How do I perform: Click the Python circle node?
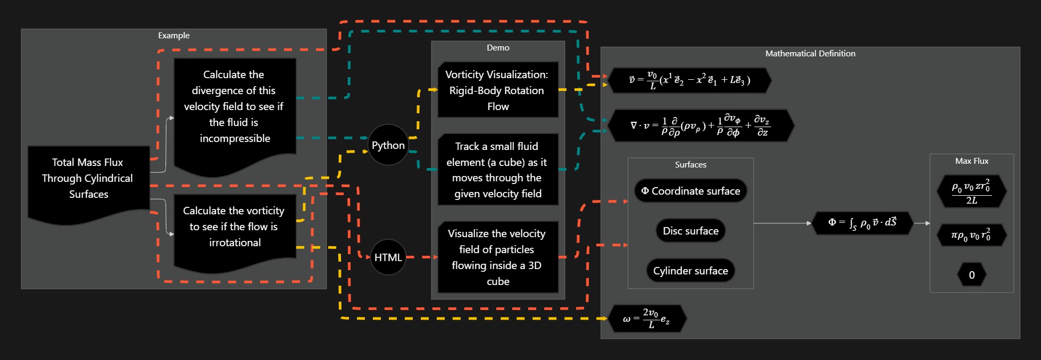(x=388, y=145)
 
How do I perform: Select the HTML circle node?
(x=388, y=257)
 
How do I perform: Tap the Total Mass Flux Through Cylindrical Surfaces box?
(x=88, y=179)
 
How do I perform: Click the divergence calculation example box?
(x=235, y=107)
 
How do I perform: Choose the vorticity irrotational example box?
(x=235, y=227)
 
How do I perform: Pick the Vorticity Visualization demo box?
(x=497, y=90)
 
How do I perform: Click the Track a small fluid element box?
(x=497, y=170)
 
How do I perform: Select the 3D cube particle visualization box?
(x=497, y=257)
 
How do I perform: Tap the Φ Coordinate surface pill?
(x=690, y=191)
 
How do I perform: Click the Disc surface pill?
(x=690, y=231)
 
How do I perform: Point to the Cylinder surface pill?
(x=690, y=271)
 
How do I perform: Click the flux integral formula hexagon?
(x=862, y=223)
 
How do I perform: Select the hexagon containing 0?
(x=971, y=275)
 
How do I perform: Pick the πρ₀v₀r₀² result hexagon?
(x=971, y=236)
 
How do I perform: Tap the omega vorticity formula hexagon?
(x=646, y=319)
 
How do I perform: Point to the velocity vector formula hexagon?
(x=689, y=80)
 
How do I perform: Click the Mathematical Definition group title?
(x=810, y=54)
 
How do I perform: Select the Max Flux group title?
(x=971, y=161)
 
